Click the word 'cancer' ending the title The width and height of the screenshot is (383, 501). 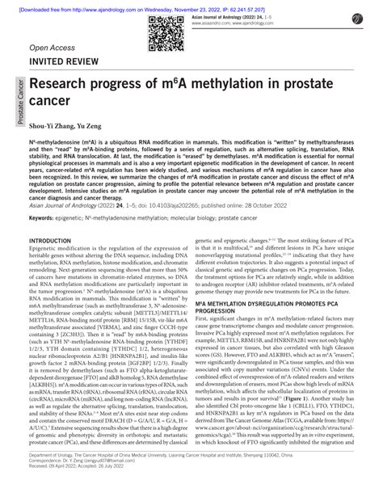coord(53,104)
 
